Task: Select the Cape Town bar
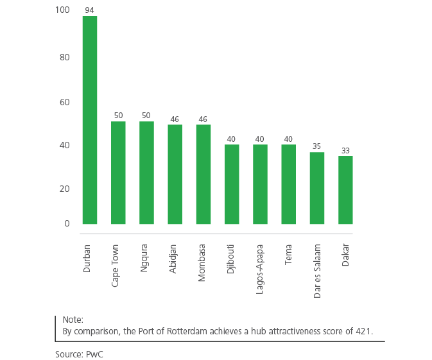(x=118, y=173)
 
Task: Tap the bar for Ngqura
(x=147, y=173)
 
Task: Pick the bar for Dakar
(x=345, y=190)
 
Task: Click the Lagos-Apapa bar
(x=260, y=184)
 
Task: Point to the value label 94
(x=90, y=10)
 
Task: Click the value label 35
(x=317, y=146)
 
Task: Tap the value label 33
(x=345, y=151)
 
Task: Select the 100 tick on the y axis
(x=63, y=11)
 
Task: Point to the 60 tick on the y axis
(x=65, y=102)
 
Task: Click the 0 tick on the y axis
(x=67, y=223)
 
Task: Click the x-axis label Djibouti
(x=231, y=258)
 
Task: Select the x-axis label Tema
(x=288, y=255)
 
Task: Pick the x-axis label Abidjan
(x=175, y=258)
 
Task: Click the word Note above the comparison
(x=73, y=320)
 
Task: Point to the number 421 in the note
(x=365, y=331)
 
